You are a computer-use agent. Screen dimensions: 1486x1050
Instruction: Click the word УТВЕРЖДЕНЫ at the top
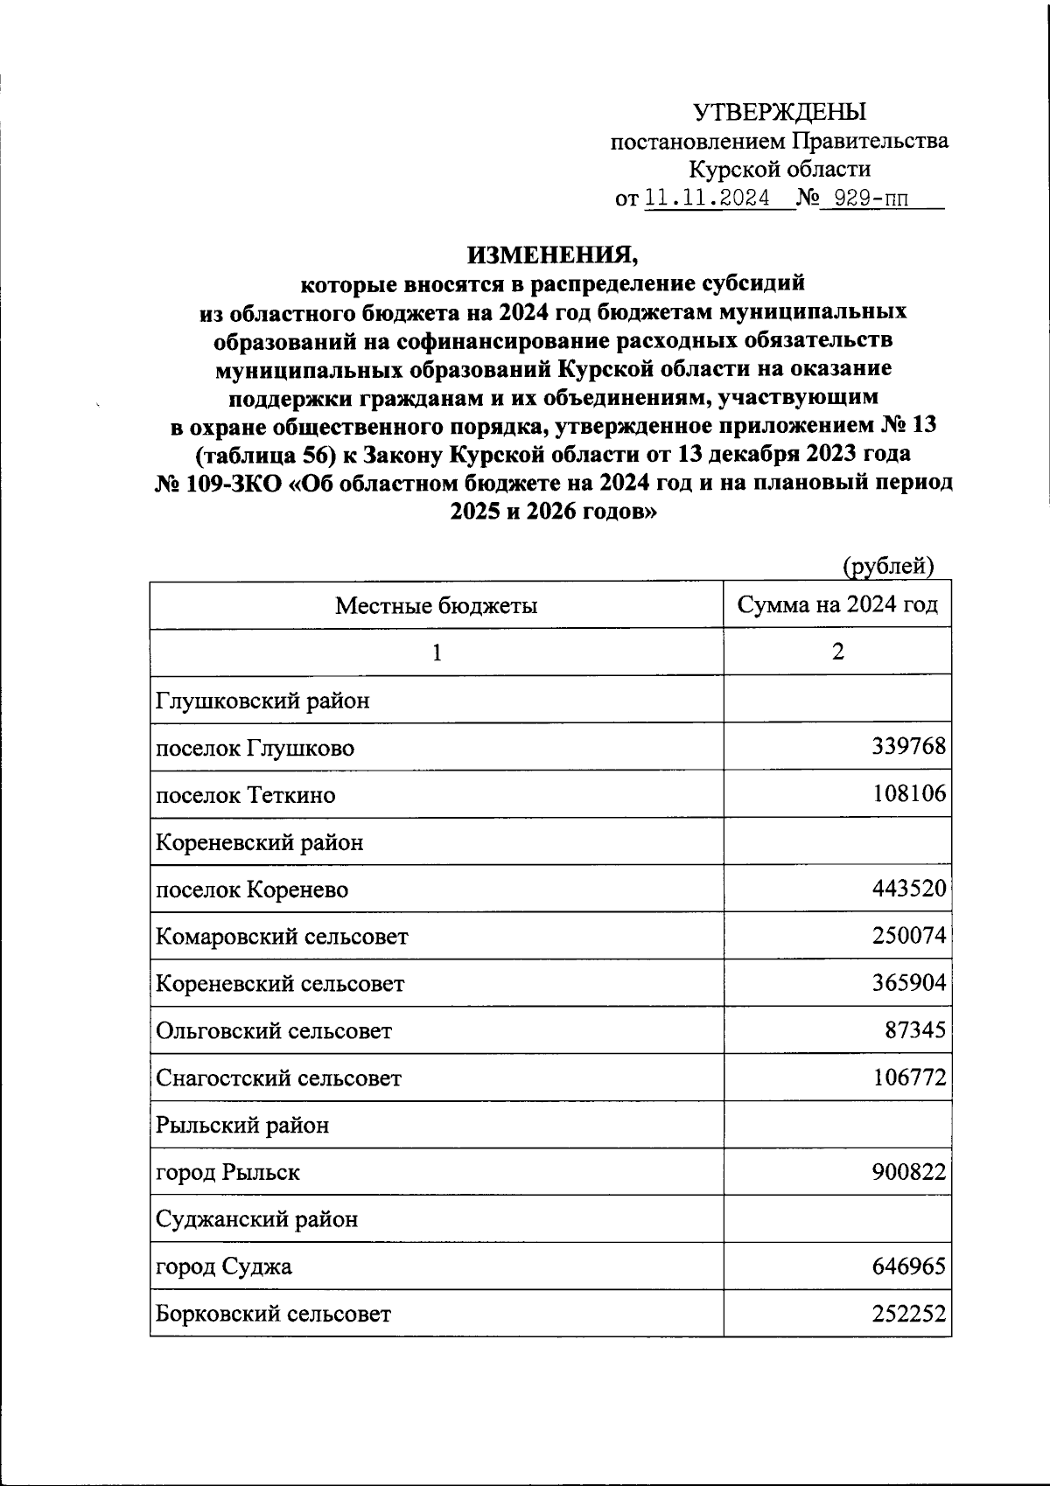point(779,112)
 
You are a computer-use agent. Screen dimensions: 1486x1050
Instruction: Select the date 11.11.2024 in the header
point(706,199)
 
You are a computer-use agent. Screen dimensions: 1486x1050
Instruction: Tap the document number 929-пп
point(871,199)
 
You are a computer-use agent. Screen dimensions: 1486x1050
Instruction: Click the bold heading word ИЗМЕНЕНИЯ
point(552,255)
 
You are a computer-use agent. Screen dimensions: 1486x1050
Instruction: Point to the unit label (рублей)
point(888,566)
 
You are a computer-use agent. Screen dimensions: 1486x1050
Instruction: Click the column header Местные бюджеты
point(436,605)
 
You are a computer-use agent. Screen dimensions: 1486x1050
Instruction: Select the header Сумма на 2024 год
point(837,605)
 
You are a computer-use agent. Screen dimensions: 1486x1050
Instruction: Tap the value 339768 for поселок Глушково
point(908,747)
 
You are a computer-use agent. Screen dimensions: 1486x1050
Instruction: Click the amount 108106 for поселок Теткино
point(908,794)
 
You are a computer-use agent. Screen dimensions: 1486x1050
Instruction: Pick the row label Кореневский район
point(259,842)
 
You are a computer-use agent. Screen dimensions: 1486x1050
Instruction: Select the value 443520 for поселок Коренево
point(908,889)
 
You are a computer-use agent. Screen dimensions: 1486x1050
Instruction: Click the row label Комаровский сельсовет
point(282,937)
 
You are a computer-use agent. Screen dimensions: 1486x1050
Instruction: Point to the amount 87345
point(914,1030)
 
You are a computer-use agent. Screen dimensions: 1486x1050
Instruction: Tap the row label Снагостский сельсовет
point(278,1078)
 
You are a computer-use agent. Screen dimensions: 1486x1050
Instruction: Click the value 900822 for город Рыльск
point(908,1172)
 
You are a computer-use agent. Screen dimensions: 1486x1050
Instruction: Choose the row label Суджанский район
point(256,1219)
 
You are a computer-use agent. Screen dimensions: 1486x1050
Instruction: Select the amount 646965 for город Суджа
point(908,1266)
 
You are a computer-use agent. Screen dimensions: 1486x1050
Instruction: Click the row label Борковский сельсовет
point(273,1314)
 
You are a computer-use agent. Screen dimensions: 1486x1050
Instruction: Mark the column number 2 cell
point(837,652)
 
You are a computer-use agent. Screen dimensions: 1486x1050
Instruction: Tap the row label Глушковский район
point(262,701)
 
